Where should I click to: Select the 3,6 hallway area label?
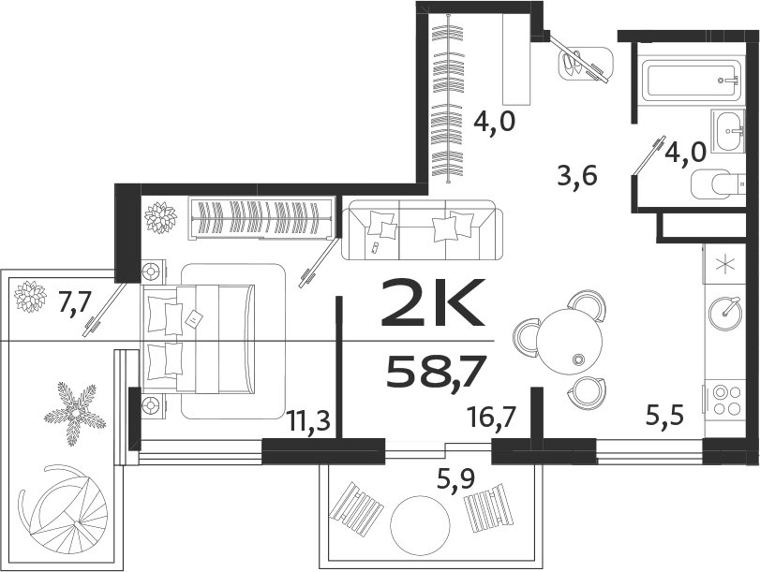point(577,175)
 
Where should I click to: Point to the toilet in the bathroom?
point(715,183)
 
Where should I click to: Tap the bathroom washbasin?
point(727,131)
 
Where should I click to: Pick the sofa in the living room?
point(422,229)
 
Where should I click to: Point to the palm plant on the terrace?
point(75,411)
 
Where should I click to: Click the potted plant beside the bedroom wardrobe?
point(160,218)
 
